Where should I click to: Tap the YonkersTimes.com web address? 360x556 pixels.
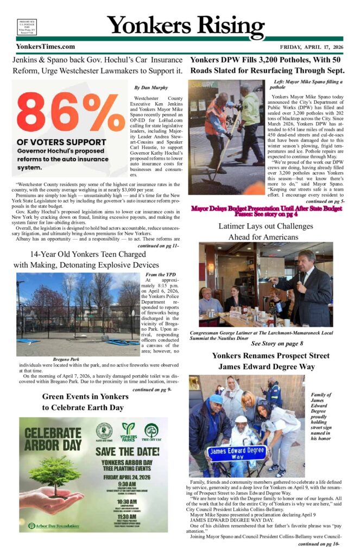[46, 47]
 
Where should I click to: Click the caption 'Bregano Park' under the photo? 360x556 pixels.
[66, 359]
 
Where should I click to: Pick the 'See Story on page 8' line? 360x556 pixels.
[277, 343]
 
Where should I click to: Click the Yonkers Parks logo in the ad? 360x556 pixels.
[129, 432]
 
